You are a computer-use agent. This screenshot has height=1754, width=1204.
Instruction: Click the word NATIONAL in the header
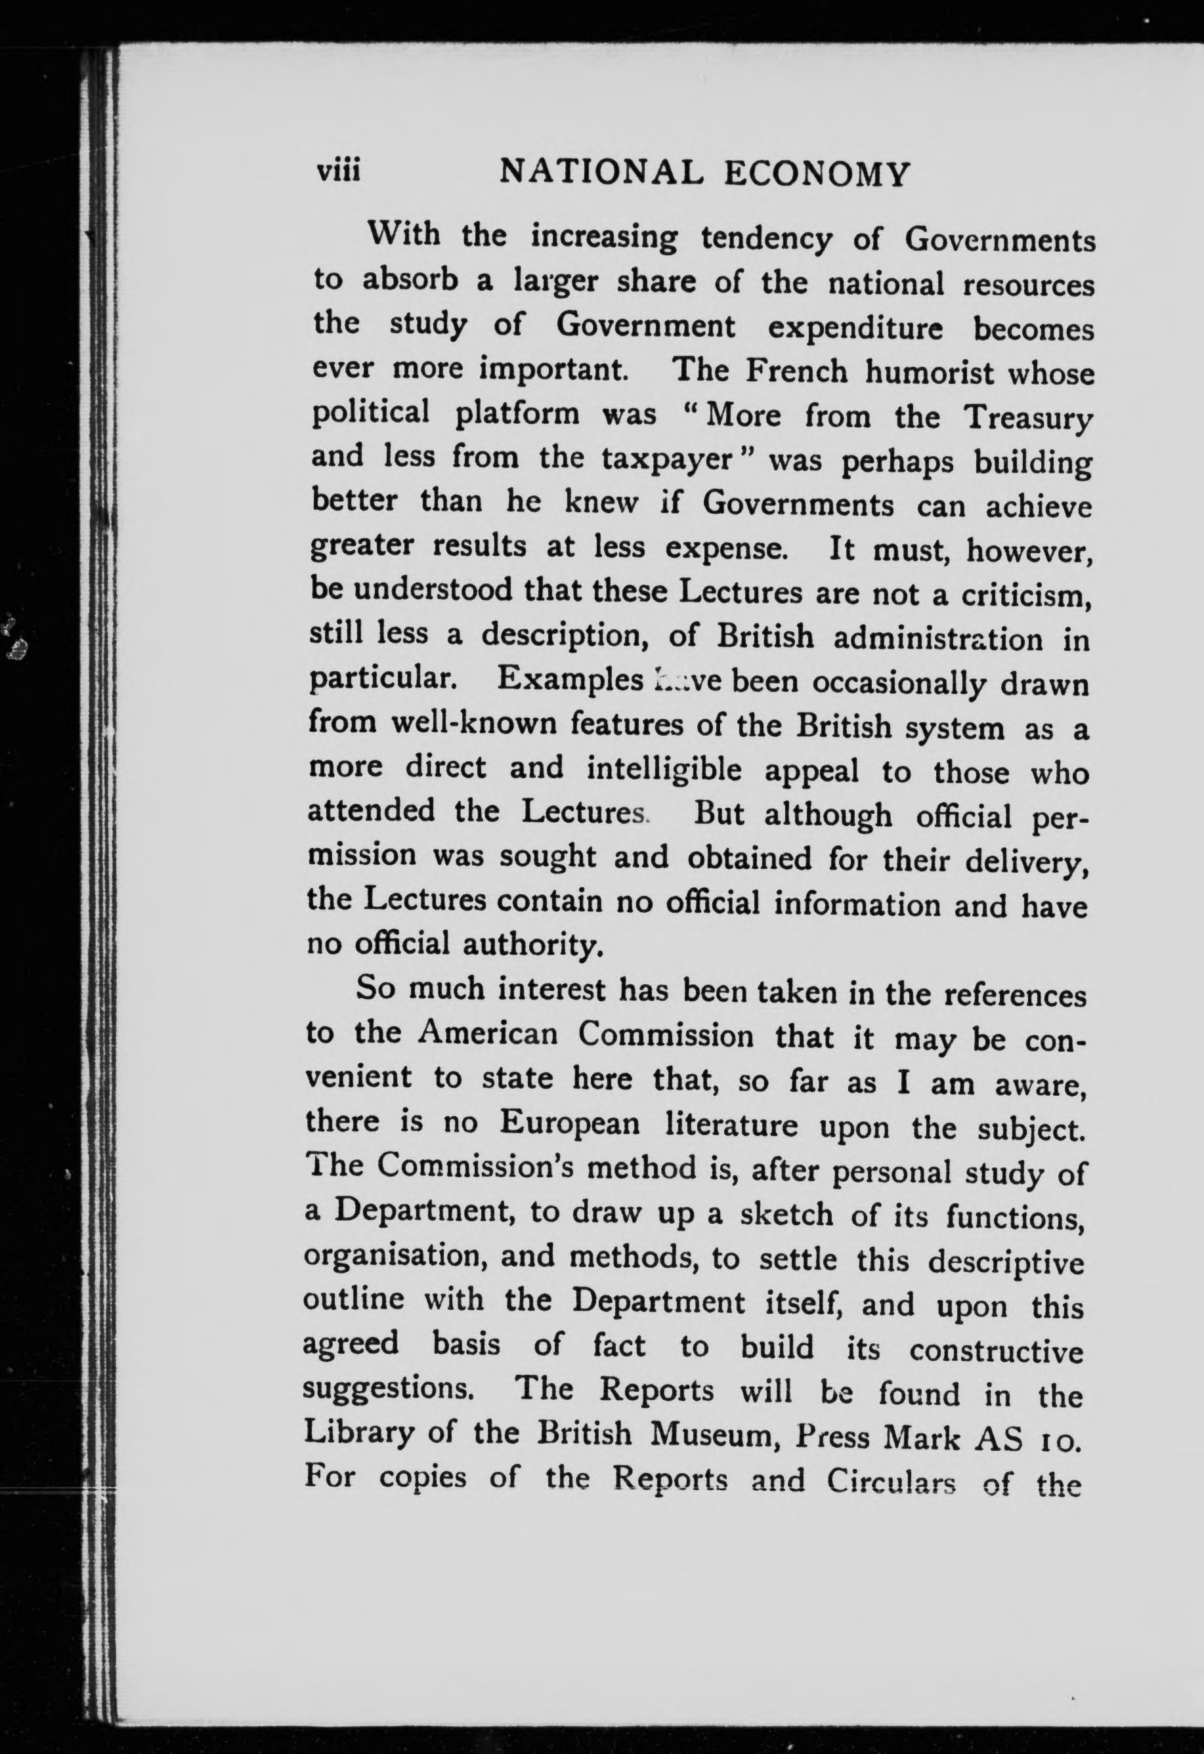click(601, 175)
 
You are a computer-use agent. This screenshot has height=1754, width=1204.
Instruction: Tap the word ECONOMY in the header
click(817, 175)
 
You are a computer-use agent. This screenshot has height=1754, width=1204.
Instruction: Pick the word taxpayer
click(669, 459)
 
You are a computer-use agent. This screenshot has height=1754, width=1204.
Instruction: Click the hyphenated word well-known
click(473, 724)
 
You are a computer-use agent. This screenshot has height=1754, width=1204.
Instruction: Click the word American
click(488, 1034)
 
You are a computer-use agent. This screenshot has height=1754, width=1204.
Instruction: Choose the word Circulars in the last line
click(891, 1481)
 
